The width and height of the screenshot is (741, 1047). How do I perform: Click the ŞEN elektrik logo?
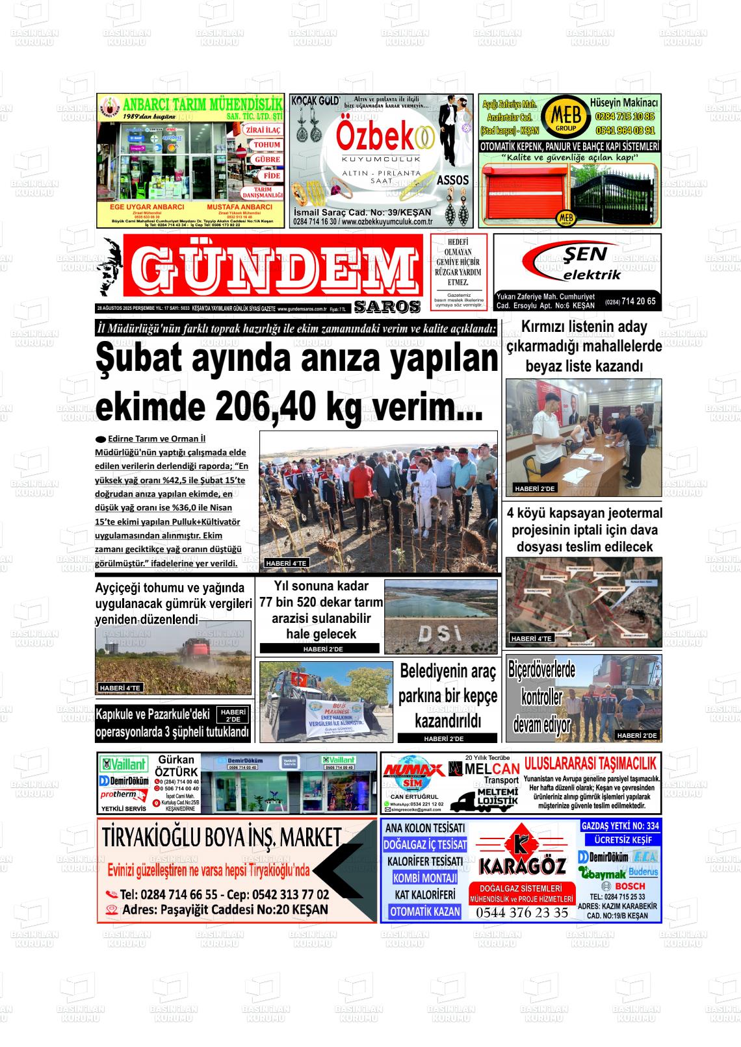tap(575, 262)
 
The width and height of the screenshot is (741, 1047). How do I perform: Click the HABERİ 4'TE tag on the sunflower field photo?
tap(287, 563)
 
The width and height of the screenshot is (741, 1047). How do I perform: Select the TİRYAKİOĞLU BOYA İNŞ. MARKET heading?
tap(222, 838)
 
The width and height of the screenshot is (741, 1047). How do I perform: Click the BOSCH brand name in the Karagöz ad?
tap(629, 886)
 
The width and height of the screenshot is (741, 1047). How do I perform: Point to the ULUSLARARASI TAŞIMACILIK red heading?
tap(590, 763)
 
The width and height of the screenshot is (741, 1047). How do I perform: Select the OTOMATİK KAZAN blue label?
tap(425, 911)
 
